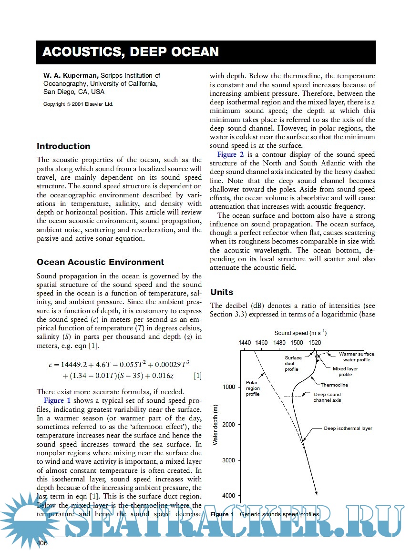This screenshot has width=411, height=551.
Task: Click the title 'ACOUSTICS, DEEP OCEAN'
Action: click(130, 52)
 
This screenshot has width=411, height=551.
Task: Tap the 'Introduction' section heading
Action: click(63, 146)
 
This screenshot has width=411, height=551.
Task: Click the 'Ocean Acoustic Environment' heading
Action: click(100, 262)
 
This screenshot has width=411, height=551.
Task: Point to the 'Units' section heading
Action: click(221, 292)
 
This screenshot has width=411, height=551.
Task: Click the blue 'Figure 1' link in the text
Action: click(57, 400)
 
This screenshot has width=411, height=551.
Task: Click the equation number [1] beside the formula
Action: click(197, 376)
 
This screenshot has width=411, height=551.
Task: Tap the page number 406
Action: click(42, 543)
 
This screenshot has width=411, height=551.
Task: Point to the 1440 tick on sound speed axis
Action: click(244, 342)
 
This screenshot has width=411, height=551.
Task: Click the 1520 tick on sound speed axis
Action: click(315, 342)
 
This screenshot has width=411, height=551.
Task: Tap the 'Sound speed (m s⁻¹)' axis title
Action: click(300, 333)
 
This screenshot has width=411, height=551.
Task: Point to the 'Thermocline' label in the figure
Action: click(334, 385)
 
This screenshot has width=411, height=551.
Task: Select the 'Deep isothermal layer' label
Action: click(348, 429)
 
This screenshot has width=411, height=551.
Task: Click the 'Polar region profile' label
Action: click(253, 388)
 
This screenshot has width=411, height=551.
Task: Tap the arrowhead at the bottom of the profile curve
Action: click(316, 492)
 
